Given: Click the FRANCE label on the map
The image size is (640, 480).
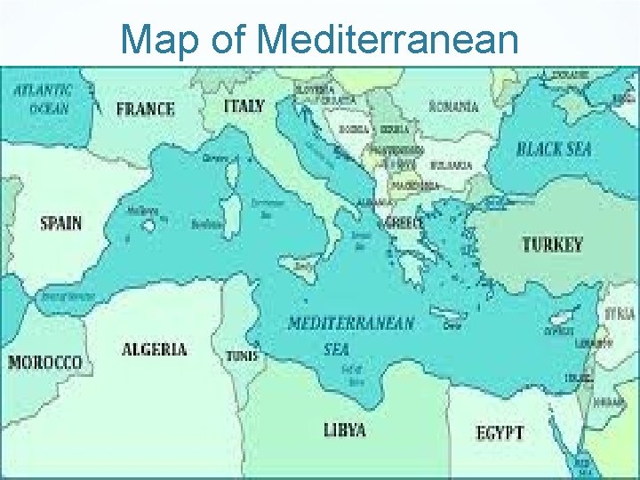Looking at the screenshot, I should (146, 109).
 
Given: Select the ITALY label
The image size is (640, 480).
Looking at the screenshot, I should (244, 106).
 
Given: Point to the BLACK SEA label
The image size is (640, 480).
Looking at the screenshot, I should (553, 148).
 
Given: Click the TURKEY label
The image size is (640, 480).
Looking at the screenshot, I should (552, 244).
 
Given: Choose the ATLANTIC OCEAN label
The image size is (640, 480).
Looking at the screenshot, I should (42, 99).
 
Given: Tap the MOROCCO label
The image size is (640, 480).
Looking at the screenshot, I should (45, 363).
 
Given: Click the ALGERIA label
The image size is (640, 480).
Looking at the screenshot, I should (154, 348).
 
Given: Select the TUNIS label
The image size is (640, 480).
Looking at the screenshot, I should (242, 355).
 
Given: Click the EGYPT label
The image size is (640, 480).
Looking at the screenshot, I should (500, 433).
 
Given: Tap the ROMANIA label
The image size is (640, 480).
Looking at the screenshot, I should (453, 107).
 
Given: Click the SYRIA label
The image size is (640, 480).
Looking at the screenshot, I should (620, 314).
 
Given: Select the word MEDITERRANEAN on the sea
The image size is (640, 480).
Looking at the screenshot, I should (350, 323).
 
